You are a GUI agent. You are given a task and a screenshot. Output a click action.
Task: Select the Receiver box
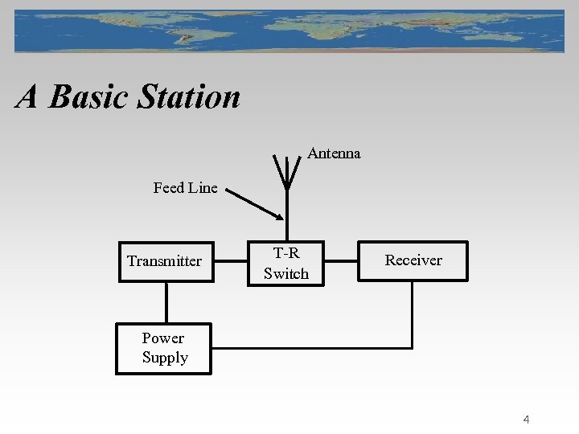(413, 260)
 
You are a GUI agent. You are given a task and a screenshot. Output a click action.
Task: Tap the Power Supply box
(164, 348)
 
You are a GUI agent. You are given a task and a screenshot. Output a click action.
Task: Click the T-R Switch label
(285, 264)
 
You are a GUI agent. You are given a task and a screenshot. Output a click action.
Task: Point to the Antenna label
(334, 154)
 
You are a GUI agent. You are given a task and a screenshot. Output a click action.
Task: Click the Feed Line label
(185, 188)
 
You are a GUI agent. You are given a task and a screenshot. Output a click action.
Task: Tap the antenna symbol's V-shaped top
(286, 169)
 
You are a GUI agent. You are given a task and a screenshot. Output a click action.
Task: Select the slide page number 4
(526, 419)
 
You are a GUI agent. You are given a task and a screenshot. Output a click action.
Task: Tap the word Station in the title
(188, 97)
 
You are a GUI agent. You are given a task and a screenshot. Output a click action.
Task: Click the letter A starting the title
(27, 97)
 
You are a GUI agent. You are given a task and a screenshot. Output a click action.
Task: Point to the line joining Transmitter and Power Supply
(166, 302)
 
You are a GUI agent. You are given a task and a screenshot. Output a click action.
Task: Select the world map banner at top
(289, 31)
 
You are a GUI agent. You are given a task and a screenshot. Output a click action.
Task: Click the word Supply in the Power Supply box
(165, 358)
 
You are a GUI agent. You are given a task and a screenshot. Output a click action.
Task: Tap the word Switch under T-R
(285, 273)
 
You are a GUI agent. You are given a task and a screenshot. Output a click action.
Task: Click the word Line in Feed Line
(203, 188)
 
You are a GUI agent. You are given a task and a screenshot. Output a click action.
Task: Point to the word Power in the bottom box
(163, 338)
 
